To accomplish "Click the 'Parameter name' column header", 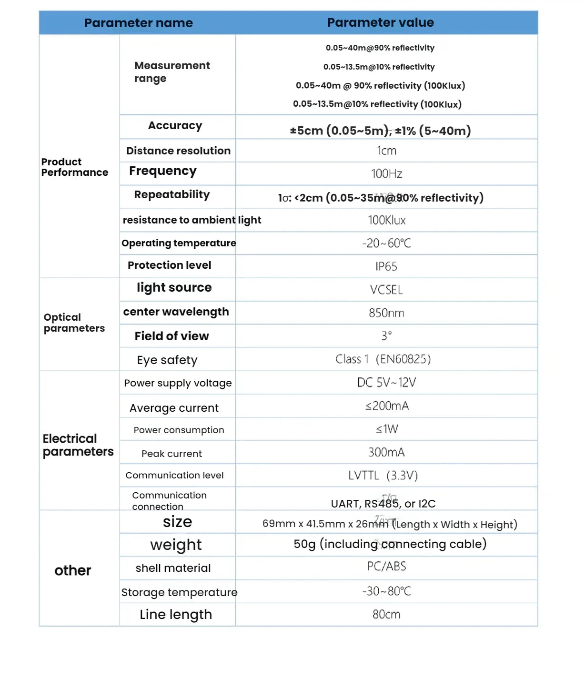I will pyautogui.click(x=138, y=23).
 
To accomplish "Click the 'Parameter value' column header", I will pyautogui.click(x=380, y=22).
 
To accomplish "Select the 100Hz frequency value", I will pyautogui.click(x=386, y=173).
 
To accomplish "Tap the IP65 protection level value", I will pyautogui.click(x=386, y=266).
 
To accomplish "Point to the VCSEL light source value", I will pyautogui.click(x=386, y=290).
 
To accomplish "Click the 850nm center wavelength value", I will pyautogui.click(x=386, y=313).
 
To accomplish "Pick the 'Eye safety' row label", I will pyautogui.click(x=167, y=360).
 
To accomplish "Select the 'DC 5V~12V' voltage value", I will pyautogui.click(x=386, y=383).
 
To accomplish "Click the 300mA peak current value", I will pyautogui.click(x=386, y=452).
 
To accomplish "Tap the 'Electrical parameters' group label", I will pyautogui.click(x=78, y=445).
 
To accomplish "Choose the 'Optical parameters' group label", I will pyautogui.click(x=74, y=323).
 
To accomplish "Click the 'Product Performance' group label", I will pyautogui.click(x=74, y=167).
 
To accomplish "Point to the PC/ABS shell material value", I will pyautogui.click(x=386, y=567).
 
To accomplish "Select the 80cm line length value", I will pyautogui.click(x=386, y=615).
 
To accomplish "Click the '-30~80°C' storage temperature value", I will pyautogui.click(x=386, y=591).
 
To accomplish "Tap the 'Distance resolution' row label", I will pyautogui.click(x=178, y=151).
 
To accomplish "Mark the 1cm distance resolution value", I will pyautogui.click(x=386, y=151).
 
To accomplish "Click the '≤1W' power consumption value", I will pyautogui.click(x=386, y=429).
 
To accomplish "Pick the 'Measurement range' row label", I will pyautogui.click(x=171, y=72).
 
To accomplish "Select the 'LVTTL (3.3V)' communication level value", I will pyautogui.click(x=383, y=476).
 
